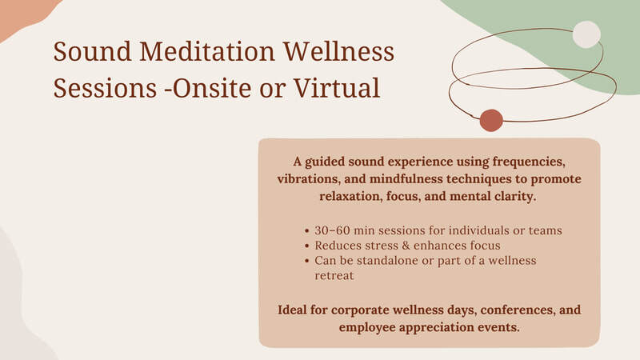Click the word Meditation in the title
[x=207, y=51]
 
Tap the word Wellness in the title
[x=338, y=51]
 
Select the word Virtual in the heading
[x=337, y=88]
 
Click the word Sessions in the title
[x=105, y=88]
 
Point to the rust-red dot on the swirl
[x=491, y=121]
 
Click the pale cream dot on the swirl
[x=586, y=34]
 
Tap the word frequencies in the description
[x=529, y=162]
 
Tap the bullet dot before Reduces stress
[x=307, y=246]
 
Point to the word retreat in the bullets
[x=334, y=276]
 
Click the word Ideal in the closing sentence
[x=292, y=310]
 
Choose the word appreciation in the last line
[x=438, y=328]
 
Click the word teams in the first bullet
[x=546, y=230]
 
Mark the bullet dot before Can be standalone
[x=307, y=261]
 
